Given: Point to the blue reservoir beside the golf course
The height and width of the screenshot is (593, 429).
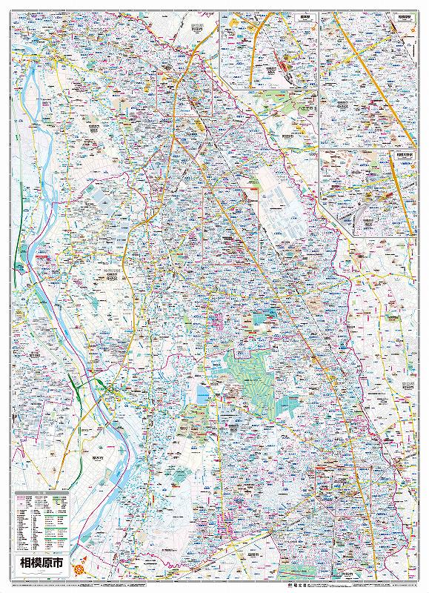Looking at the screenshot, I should point(201,392).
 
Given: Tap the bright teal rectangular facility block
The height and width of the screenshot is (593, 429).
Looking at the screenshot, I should point(262,318).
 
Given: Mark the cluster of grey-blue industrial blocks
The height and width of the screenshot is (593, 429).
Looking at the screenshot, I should point(279,215).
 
